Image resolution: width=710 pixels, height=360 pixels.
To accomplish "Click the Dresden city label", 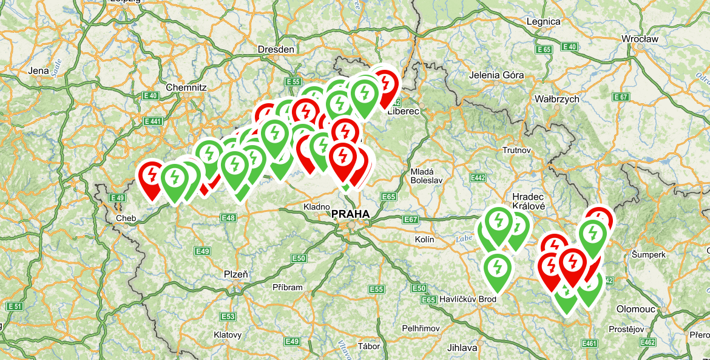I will (276, 49).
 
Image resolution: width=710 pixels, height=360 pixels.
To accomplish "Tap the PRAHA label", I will (350, 214).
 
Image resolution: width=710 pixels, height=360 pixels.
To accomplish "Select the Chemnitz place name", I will (186, 87).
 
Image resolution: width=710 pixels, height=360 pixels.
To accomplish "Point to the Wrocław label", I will (640, 39).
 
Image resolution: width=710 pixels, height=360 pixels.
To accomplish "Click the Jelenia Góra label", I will (496, 75).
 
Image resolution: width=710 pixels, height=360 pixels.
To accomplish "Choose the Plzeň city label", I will (235, 274).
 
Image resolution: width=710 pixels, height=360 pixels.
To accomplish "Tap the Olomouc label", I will (635, 309).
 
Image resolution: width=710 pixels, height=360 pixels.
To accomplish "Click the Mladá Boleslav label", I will (427, 175).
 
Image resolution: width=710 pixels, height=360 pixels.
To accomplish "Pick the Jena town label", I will (38, 71).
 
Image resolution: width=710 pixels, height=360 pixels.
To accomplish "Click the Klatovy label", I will (228, 335).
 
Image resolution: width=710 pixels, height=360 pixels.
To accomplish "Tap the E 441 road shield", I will (153, 121).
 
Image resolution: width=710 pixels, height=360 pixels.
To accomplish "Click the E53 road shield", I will (228, 316).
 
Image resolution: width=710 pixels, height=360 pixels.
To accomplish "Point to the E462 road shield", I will (647, 342).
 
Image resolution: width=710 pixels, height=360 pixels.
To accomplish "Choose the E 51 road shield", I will (15, 307).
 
